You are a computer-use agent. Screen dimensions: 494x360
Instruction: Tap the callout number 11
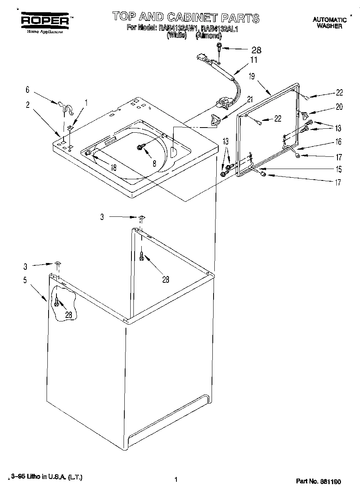[253, 60]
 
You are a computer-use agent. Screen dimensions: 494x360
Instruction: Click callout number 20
[339, 107]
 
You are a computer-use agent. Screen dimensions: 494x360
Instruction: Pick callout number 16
[338, 142]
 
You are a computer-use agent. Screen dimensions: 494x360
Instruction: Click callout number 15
[338, 169]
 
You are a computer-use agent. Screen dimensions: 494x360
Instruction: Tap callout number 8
[154, 162]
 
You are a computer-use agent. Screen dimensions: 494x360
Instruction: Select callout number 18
[114, 167]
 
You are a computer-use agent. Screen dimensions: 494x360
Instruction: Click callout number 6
[27, 90]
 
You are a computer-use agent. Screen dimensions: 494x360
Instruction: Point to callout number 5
[25, 280]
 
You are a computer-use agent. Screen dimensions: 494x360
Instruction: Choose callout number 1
[86, 102]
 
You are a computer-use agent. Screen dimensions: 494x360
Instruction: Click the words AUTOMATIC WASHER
[330, 23]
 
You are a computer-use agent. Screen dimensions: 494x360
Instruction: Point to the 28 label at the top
[256, 50]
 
